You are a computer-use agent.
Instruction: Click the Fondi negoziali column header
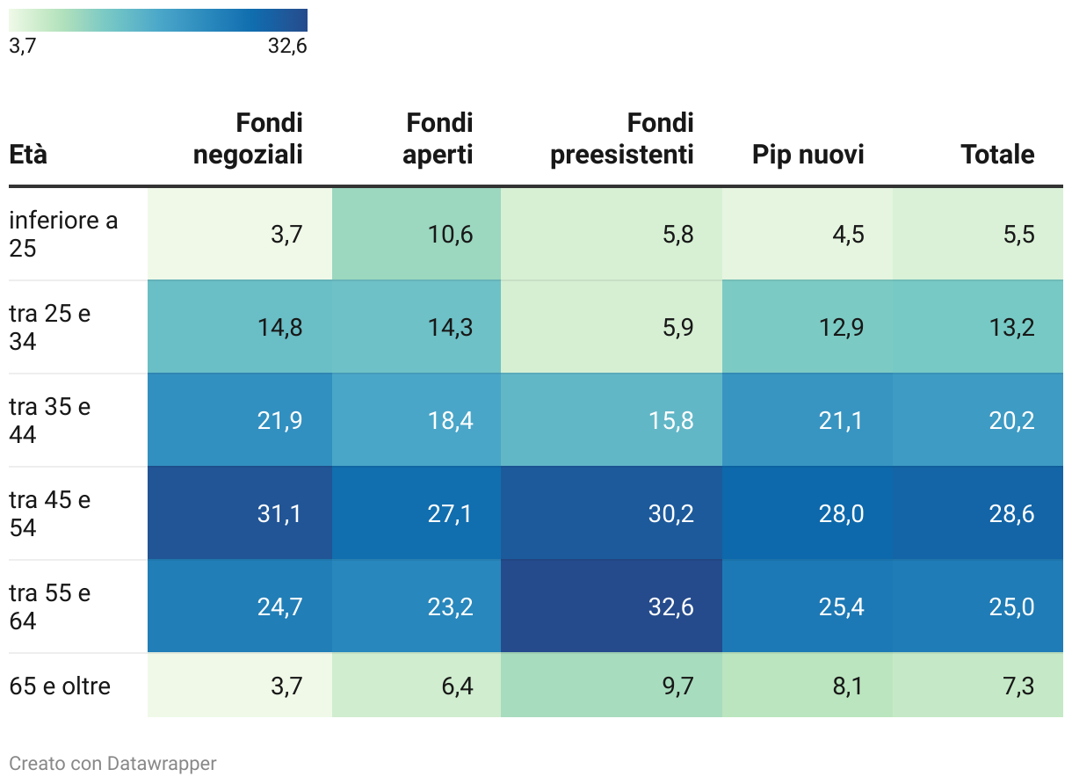click(x=248, y=139)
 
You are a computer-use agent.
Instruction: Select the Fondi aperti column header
click(x=438, y=139)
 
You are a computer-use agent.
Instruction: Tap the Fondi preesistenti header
click(x=622, y=139)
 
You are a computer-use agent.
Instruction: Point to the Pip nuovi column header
click(x=808, y=155)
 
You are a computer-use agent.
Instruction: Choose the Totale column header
click(x=997, y=155)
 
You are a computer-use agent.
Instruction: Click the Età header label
click(x=28, y=155)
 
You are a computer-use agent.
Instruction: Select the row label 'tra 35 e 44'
click(x=50, y=420)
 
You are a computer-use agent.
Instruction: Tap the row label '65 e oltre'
click(x=60, y=686)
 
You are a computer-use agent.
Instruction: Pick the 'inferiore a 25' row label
click(x=63, y=234)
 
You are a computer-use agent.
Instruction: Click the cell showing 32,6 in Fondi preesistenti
click(x=667, y=606)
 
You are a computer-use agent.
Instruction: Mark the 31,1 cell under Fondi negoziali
click(x=279, y=513)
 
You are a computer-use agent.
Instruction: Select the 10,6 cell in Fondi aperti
click(x=450, y=234)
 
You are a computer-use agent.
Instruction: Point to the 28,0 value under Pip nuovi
click(x=841, y=513)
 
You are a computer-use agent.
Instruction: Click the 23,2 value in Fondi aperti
click(x=450, y=606)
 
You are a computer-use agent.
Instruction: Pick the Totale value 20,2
click(x=1011, y=420)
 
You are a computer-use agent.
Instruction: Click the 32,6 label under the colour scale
click(x=287, y=47)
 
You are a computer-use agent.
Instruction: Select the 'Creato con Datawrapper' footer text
click(x=112, y=764)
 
